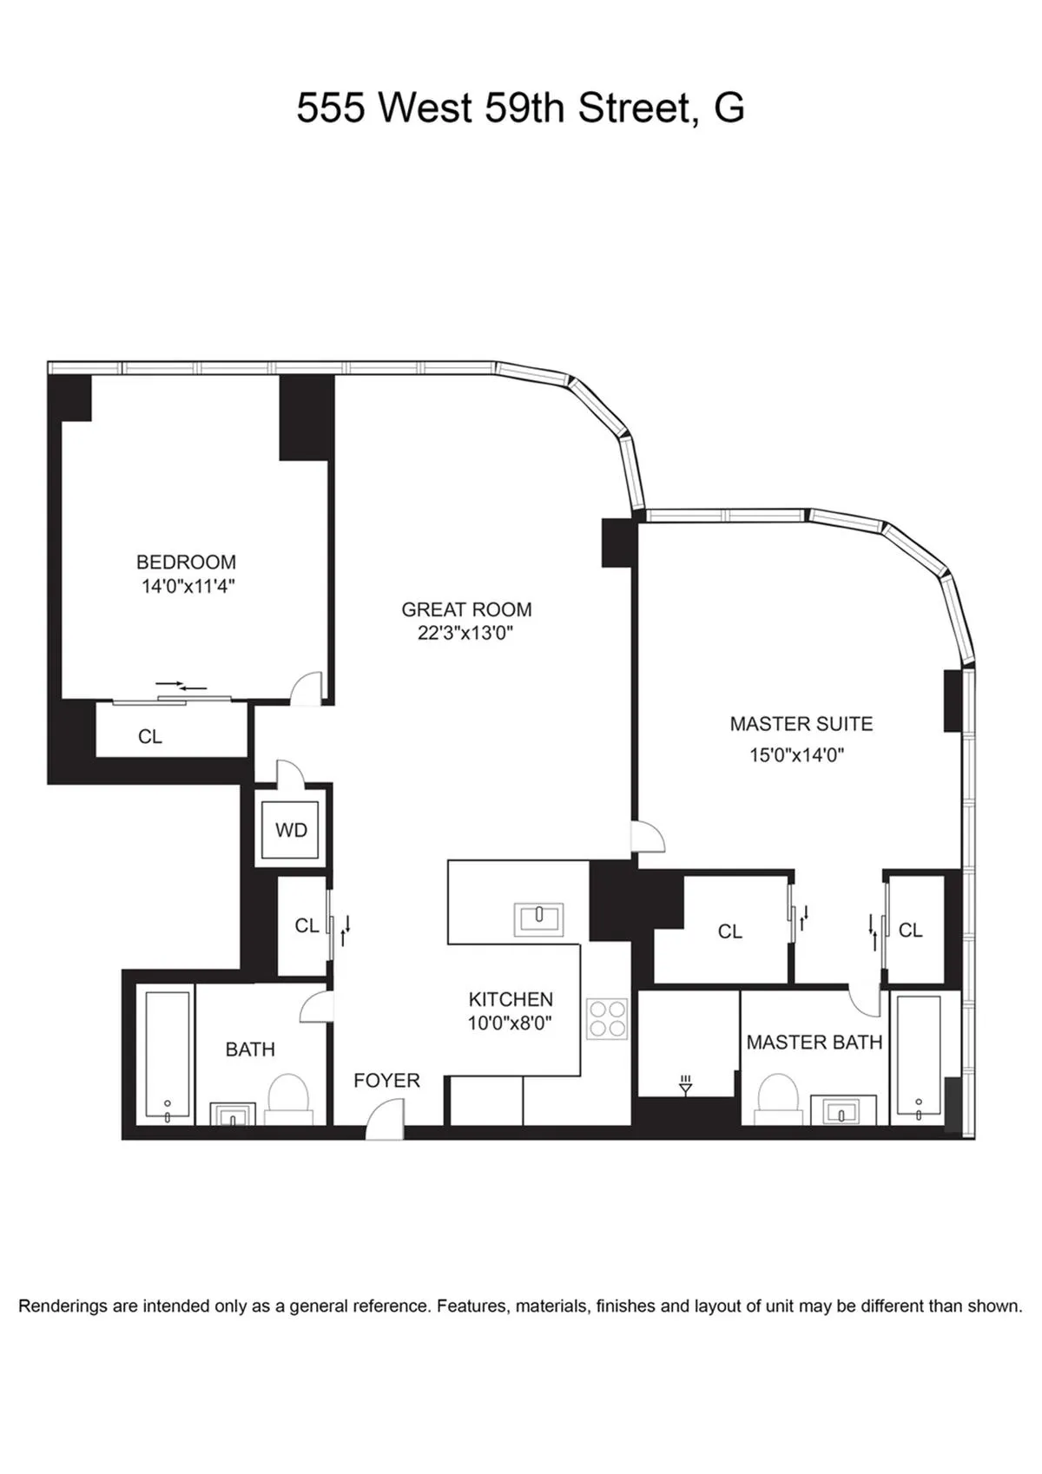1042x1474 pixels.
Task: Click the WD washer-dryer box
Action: click(x=291, y=831)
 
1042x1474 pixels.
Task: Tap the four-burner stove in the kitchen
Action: click(x=607, y=1018)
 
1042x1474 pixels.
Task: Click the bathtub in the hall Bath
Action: click(x=168, y=1056)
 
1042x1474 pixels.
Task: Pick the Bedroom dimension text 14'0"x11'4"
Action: click(x=188, y=586)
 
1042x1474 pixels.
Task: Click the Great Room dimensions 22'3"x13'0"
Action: click(x=466, y=633)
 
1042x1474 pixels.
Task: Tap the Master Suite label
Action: click(x=801, y=723)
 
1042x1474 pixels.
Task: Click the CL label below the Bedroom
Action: click(x=149, y=736)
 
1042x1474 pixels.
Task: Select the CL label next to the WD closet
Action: click(x=307, y=925)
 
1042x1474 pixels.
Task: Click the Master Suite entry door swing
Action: click(x=648, y=837)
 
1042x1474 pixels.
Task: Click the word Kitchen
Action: click(x=511, y=998)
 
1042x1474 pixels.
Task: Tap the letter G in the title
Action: click(x=729, y=109)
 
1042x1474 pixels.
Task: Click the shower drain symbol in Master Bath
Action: click(x=685, y=1084)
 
